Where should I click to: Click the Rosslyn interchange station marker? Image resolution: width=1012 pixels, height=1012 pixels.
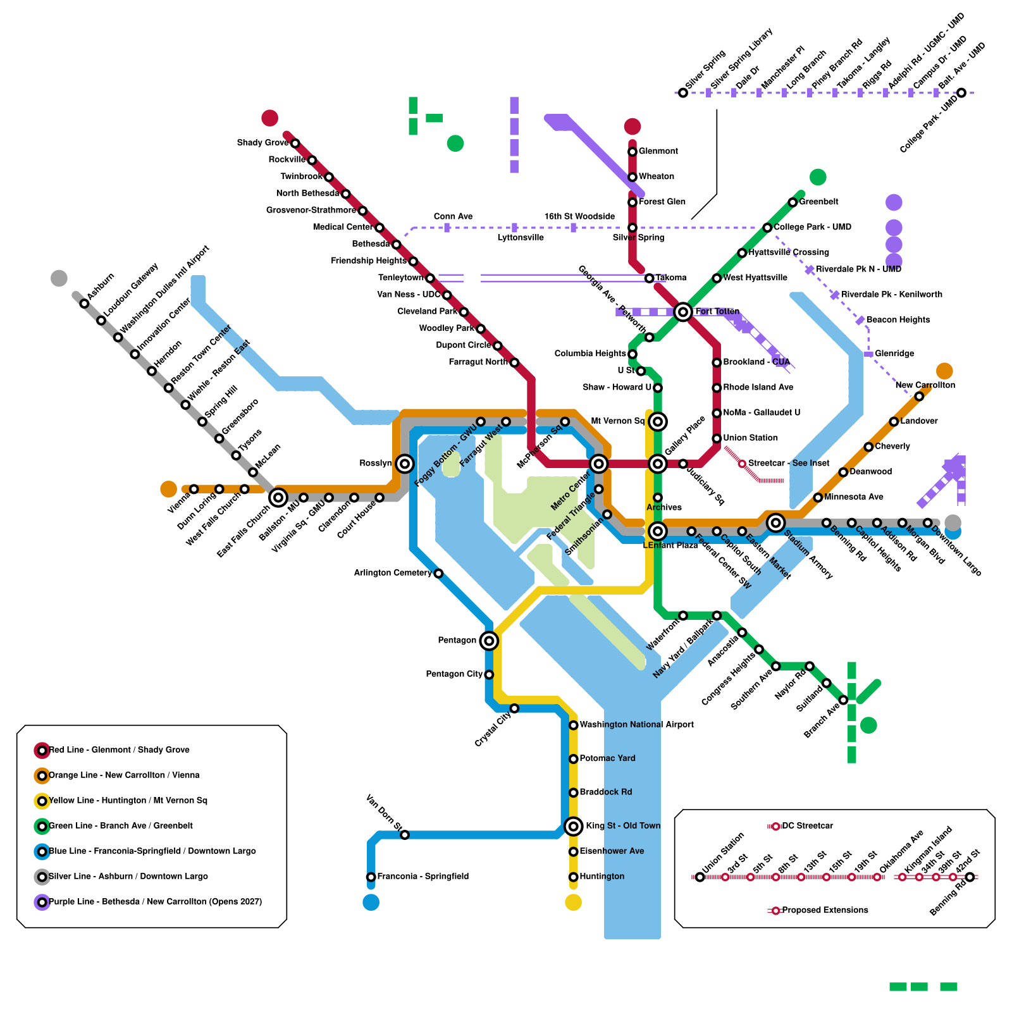[405, 464]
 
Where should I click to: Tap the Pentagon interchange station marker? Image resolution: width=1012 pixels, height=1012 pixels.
[488, 641]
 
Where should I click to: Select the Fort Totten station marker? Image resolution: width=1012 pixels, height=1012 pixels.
[682, 312]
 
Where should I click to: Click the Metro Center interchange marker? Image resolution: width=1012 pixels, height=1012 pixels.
[598, 464]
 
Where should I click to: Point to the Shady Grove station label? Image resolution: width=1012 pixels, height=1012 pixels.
[262, 143]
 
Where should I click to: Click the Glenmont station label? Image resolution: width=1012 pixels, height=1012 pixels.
[658, 151]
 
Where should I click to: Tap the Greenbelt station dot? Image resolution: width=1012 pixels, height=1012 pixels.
[793, 202]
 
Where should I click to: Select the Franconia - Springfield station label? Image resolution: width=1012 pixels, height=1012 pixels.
[423, 877]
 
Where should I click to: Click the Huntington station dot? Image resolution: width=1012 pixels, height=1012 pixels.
[573, 877]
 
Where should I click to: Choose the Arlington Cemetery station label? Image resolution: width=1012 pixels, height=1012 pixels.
[392, 573]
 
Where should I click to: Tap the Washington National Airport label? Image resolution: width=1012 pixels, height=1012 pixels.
[636, 725]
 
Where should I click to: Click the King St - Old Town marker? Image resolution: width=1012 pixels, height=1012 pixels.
[573, 826]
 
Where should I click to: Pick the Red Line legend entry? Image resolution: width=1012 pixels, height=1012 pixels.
[119, 750]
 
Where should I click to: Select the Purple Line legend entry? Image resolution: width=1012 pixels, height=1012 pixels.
[155, 902]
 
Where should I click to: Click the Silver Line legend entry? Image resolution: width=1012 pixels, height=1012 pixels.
[128, 877]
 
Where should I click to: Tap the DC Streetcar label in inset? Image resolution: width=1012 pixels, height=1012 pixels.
[807, 826]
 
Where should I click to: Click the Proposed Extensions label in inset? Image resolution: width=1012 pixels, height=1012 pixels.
[825, 910]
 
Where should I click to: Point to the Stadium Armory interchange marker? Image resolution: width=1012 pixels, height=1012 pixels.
[775, 522]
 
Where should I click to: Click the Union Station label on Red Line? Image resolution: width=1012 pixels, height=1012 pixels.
[750, 438]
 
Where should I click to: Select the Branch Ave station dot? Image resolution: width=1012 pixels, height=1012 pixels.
[843, 700]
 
